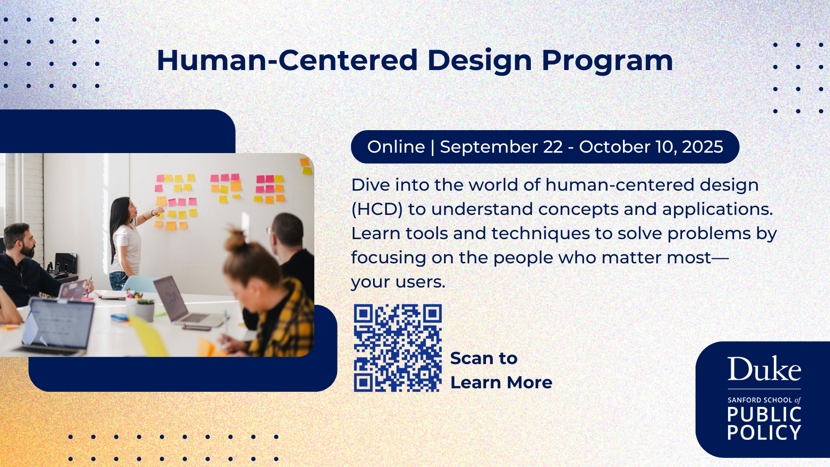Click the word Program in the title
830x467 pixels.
[x=607, y=61]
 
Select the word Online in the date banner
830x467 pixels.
[x=396, y=147]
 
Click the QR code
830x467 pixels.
[x=398, y=348]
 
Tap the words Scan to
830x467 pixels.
[x=484, y=358]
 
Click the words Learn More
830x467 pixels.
[x=501, y=383]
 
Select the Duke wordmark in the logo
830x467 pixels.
[x=764, y=369]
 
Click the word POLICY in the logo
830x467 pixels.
[x=764, y=432]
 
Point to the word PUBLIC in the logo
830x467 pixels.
[x=764, y=414]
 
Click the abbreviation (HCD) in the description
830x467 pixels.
[x=377, y=210]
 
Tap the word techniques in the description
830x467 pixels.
[x=540, y=234]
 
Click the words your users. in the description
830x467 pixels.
[x=398, y=282]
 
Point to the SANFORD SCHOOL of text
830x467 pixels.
[x=764, y=400]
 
